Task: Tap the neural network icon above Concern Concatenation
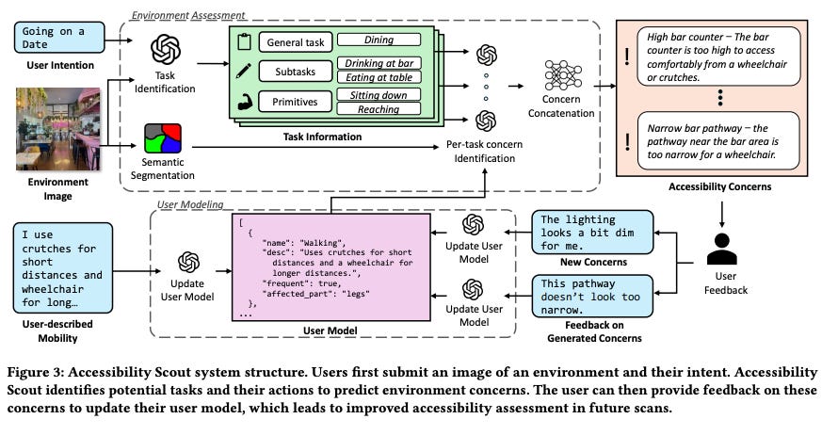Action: click(x=561, y=75)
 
